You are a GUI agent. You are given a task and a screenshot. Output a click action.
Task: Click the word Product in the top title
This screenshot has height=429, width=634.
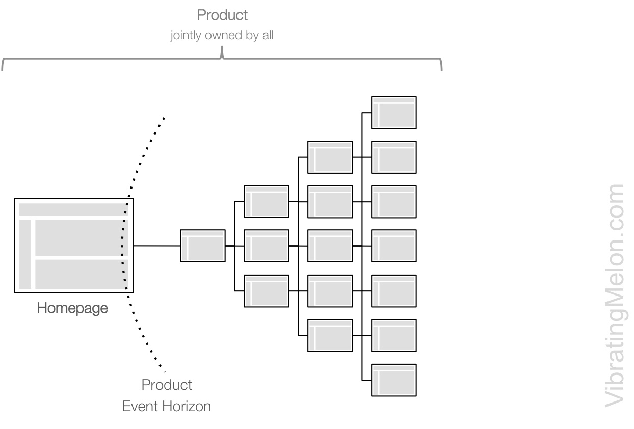click(x=222, y=16)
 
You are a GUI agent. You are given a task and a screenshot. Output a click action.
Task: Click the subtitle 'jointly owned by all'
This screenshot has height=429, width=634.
click(x=222, y=37)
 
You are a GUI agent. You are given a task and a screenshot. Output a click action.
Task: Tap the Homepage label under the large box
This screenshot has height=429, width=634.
click(x=72, y=308)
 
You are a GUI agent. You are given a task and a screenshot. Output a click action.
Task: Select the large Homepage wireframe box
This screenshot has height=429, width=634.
click(x=74, y=246)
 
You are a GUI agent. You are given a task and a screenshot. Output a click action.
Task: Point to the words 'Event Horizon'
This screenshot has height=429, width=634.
click(x=167, y=407)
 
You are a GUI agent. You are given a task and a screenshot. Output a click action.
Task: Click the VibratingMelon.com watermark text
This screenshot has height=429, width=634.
click(x=614, y=296)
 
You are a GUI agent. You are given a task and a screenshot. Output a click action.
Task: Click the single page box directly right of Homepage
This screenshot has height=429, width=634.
click(x=203, y=246)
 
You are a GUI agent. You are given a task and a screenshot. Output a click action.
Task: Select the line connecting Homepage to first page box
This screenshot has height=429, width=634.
click(x=157, y=246)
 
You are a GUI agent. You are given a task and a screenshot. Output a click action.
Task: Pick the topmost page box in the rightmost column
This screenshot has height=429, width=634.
click(x=394, y=113)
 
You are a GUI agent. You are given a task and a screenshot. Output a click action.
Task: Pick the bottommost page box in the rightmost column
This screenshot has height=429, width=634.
click(x=394, y=380)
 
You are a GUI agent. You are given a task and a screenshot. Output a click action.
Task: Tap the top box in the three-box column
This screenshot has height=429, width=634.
click(x=267, y=202)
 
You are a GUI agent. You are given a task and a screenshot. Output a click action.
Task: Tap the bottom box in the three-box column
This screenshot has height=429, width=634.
click(x=267, y=291)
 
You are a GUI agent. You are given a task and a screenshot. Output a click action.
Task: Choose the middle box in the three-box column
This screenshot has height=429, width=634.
click(x=267, y=246)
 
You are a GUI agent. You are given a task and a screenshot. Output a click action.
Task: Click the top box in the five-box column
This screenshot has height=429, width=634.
click(x=330, y=157)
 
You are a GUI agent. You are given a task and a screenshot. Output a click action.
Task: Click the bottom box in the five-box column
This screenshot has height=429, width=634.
click(x=330, y=335)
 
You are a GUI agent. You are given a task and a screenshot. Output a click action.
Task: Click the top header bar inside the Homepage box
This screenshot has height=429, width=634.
click(x=73, y=209)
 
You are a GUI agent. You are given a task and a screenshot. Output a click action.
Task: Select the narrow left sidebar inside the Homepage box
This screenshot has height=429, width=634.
click(x=25, y=254)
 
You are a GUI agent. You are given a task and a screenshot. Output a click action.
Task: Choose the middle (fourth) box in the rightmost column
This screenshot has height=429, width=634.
click(x=394, y=246)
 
